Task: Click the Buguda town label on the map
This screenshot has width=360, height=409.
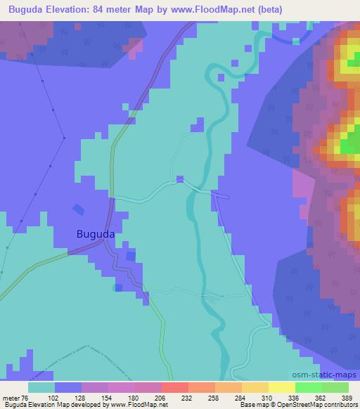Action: pyautogui.click(x=95, y=235)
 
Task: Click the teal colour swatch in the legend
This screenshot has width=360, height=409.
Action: pyautogui.click(x=41, y=387)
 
